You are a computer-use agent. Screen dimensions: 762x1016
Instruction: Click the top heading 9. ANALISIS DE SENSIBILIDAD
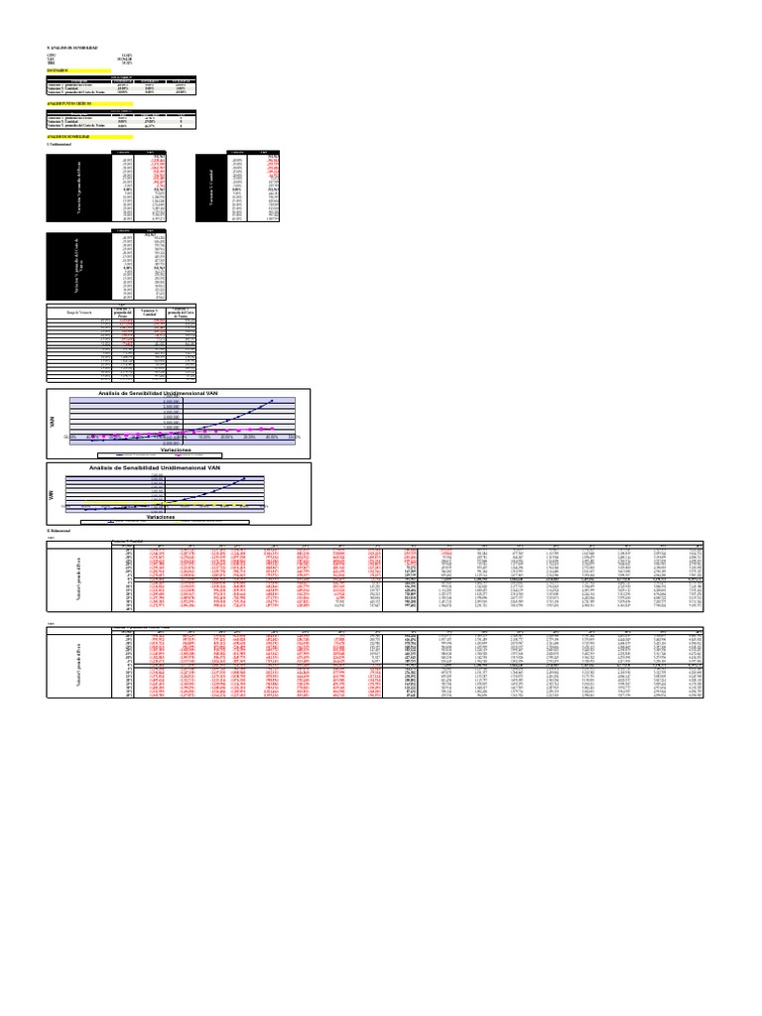pos(73,48)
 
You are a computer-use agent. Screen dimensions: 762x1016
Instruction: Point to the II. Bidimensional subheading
pos(59,532)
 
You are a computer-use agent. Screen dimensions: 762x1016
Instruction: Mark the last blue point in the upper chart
pos(275,399)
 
